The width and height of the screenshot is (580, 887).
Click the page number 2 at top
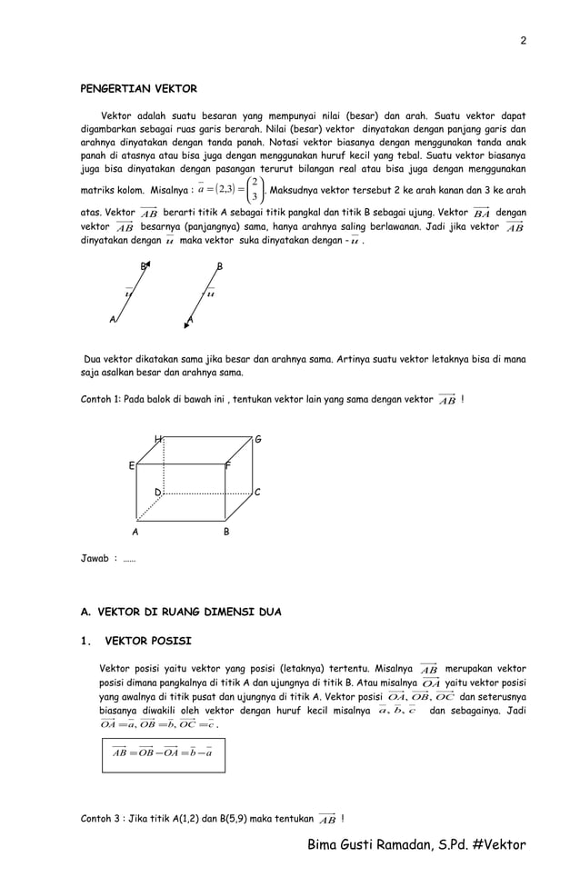tap(523, 40)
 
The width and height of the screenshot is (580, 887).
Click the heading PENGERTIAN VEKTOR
tap(139, 89)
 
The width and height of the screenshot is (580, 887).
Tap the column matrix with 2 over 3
tap(256, 190)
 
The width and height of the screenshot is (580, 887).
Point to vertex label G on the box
tap(258, 440)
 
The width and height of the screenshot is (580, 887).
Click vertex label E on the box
tap(131, 465)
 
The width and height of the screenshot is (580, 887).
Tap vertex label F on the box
tap(227, 465)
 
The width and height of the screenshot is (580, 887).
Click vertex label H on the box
tap(158, 440)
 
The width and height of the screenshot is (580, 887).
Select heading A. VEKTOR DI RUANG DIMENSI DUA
tap(181, 613)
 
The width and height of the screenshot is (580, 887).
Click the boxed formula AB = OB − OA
tap(162, 752)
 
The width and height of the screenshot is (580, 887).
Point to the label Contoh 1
tap(100, 399)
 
